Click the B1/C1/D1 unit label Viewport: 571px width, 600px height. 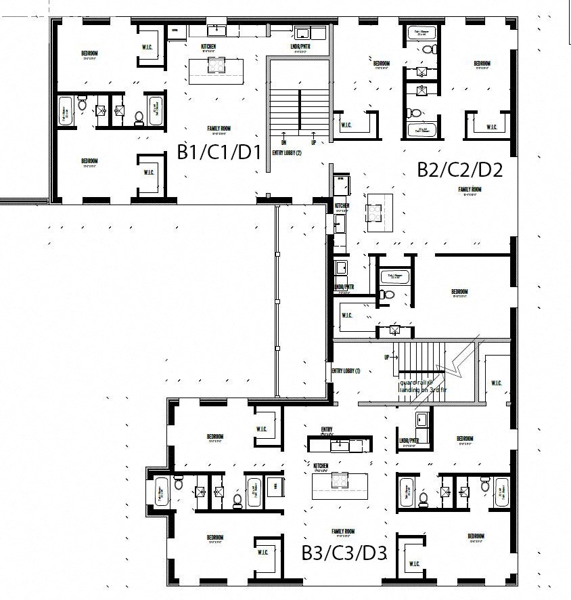point(219,152)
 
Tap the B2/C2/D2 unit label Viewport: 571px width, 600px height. point(459,169)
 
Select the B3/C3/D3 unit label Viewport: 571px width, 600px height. point(344,553)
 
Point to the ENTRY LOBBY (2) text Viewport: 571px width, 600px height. point(286,153)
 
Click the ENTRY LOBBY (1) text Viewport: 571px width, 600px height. point(346,371)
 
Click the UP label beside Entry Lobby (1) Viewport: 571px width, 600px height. point(387,356)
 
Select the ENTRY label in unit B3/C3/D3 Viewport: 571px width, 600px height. point(327,429)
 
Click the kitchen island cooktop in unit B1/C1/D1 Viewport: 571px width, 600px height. point(216,66)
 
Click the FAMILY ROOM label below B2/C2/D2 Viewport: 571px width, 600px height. point(469,190)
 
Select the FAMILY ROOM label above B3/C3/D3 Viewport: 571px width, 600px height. point(343,532)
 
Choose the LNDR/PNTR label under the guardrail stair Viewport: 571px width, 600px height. point(409,440)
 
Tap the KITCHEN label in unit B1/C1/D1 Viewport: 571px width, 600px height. point(208,47)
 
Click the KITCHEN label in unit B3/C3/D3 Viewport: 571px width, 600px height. point(321,466)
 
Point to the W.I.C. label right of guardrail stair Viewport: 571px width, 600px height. point(496,383)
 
